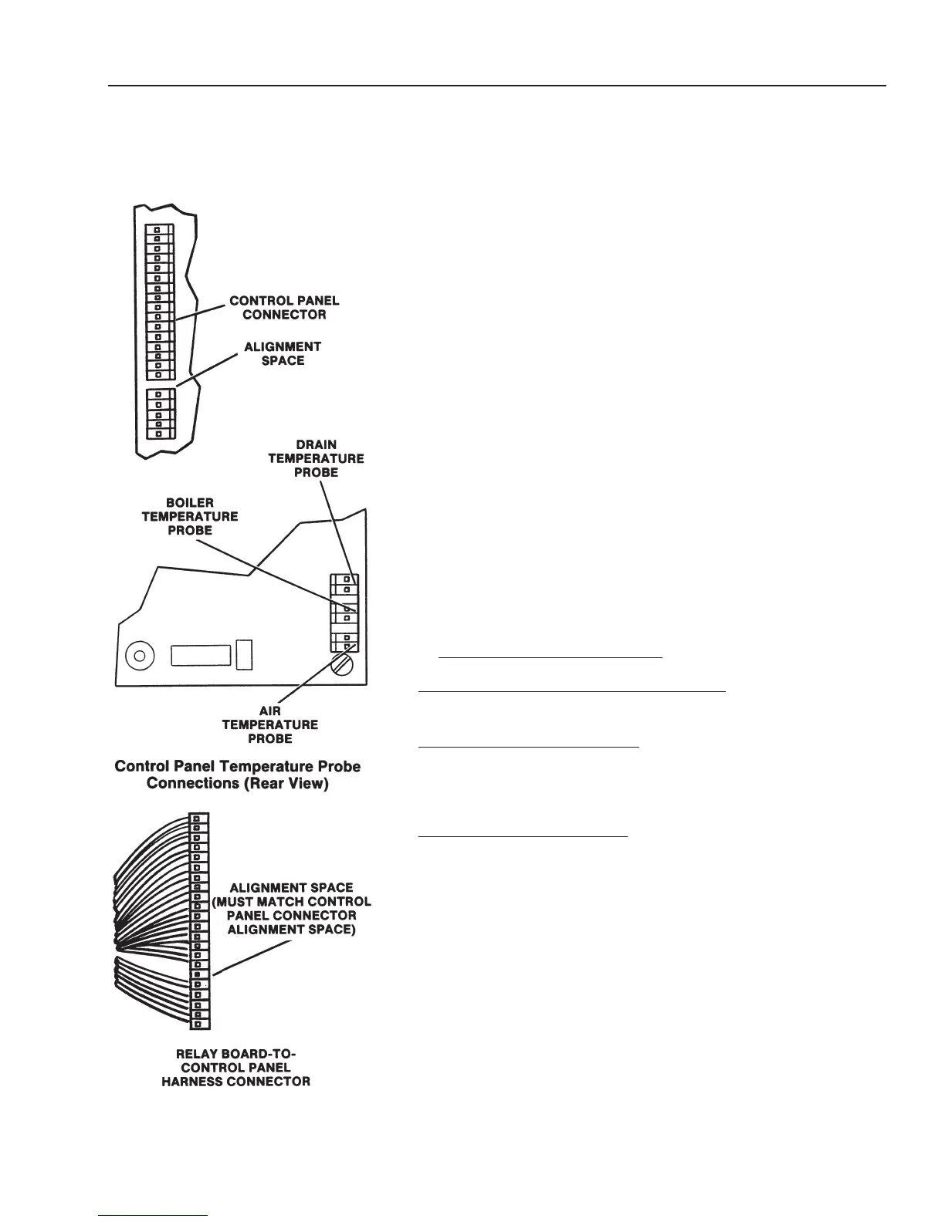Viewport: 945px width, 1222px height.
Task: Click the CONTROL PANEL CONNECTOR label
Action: (284, 308)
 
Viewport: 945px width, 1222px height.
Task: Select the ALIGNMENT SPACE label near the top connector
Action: (283, 354)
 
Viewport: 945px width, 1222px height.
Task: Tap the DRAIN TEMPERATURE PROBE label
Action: (316, 458)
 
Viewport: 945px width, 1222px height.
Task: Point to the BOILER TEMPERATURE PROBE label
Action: (190, 516)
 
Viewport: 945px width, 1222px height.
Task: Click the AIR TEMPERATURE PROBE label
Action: (270, 724)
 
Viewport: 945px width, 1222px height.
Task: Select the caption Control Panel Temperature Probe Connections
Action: (237, 775)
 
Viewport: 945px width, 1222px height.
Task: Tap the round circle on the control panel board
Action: (139, 656)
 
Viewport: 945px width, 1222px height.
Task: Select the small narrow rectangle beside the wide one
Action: (244, 653)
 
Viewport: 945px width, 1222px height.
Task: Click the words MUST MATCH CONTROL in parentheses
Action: (292, 902)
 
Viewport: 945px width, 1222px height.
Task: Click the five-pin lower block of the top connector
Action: (161, 414)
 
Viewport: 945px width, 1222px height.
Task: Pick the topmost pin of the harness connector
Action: (199, 818)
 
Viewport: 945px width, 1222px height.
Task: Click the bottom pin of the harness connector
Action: (199, 1024)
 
